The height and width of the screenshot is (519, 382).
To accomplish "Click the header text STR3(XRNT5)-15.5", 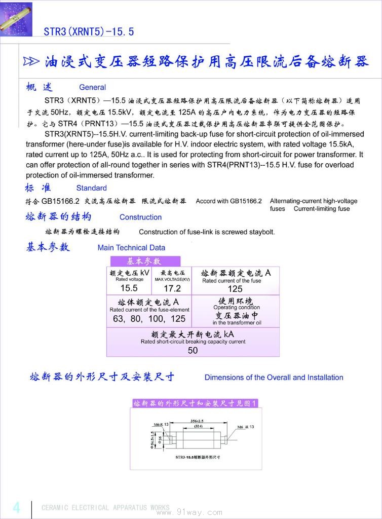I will (x=89, y=31).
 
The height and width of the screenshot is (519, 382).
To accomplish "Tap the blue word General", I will (x=92, y=87).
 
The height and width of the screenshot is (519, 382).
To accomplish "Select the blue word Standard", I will (x=91, y=188).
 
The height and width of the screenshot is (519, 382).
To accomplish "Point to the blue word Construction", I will (x=140, y=217).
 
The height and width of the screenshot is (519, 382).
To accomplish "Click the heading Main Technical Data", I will (x=131, y=248).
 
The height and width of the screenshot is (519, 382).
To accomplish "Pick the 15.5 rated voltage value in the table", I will (x=129, y=288).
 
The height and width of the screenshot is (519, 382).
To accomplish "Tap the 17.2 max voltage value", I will (x=172, y=288).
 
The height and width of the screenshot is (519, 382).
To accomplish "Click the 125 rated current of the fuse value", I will (x=235, y=289).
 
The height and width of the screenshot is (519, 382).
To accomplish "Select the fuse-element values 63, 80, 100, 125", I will (x=149, y=319).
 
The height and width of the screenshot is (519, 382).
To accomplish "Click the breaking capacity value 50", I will (x=193, y=350).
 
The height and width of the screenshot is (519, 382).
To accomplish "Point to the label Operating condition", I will (x=236, y=307).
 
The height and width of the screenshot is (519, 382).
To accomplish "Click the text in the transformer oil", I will (x=237, y=322).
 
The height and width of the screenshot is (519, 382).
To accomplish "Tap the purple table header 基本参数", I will (x=143, y=262).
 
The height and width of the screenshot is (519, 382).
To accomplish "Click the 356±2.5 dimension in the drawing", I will (x=197, y=421).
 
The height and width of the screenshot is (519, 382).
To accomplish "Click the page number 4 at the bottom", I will (x=16, y=507).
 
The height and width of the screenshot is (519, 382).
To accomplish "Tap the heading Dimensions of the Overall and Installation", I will (x=274, y=378).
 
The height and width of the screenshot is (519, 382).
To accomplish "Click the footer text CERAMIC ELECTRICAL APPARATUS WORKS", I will (x=105, y=508).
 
